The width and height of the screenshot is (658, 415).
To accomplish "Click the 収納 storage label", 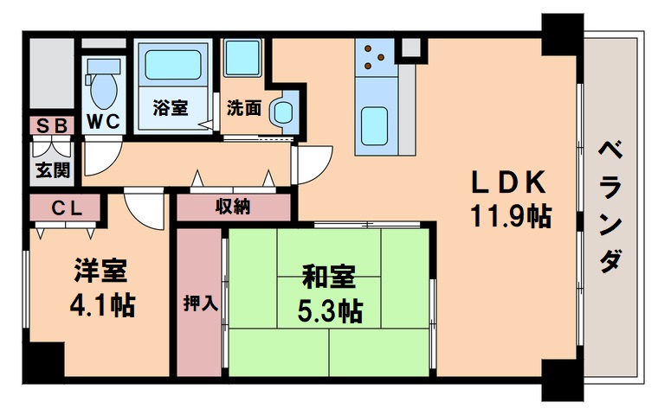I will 233,206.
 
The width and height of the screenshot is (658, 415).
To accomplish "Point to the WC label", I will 104,122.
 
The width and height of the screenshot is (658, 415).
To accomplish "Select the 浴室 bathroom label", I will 170,109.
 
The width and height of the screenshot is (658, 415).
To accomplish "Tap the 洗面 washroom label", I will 244,109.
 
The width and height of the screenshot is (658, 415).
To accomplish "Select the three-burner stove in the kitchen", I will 374,57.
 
